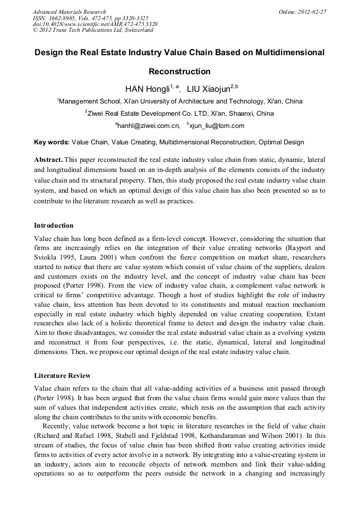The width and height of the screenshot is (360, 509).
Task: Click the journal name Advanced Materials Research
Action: coord(69,12)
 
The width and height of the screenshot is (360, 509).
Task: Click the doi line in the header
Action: coord(95,24)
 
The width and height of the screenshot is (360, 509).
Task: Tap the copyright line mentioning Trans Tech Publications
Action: coord(93,30)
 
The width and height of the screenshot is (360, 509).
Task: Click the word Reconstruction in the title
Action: coord(179,72)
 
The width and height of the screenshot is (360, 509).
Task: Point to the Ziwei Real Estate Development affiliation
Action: coord(181,113)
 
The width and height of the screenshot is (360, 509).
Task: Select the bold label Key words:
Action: coord(52,142)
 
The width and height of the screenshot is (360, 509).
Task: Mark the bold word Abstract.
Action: coord(48,160)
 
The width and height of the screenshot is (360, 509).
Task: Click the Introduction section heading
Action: coord(54,226)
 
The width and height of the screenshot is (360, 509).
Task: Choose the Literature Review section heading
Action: coord(62,376)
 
